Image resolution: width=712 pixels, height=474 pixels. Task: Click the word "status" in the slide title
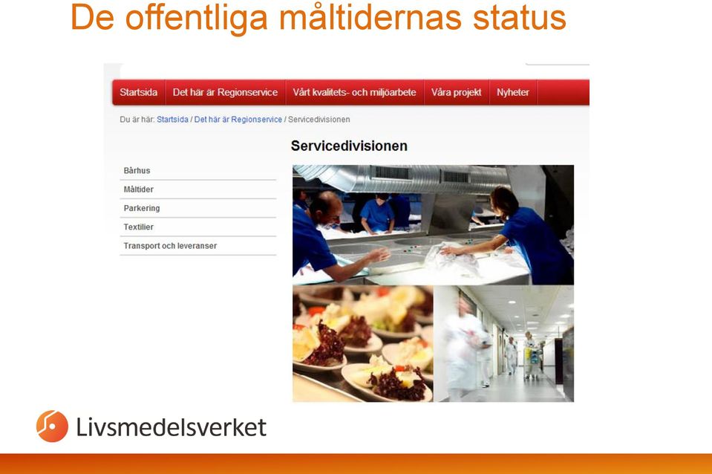pyautogui.click(x=519, y=18)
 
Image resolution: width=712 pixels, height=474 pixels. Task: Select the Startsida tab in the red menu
pyautogui.click(x=139, y=92)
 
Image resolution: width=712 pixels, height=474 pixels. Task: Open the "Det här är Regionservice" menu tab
pyautogui.click(x=225, y=92)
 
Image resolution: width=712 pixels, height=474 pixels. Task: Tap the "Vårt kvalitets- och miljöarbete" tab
pyautogui.click(x=354, y=92)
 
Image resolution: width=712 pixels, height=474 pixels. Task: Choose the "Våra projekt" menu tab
pyautogui.click(x=457, y=92)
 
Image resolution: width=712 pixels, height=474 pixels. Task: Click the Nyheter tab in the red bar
pyautogui.click(x=513, y=92)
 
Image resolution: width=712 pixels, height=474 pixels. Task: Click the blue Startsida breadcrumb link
pyautogui.click(x=172, y=120)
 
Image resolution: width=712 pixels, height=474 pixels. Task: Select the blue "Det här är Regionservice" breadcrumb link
pyautogui.click(x=238, y=120)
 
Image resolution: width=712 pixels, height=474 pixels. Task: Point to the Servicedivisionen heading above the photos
pyautogui.click(x=349, y=146)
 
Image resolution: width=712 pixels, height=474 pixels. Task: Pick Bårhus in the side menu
pyautogui.click(x=137, y=170)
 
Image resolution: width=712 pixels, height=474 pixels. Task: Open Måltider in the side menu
pyautogui.click(x=139, y=189)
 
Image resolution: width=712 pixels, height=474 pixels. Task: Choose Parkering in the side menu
pyautogui.click(x=142, y=208)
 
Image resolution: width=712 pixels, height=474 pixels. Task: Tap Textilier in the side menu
pyautogui.click(x=139, y=227)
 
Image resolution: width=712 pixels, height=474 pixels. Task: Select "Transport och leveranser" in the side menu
pyautogui.click(x=170, y=246)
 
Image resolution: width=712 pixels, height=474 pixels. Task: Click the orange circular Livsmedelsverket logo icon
pyautogui.click(x=52, y=426)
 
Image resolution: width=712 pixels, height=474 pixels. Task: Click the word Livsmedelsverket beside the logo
pyautogui.click(x=172, y=427)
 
